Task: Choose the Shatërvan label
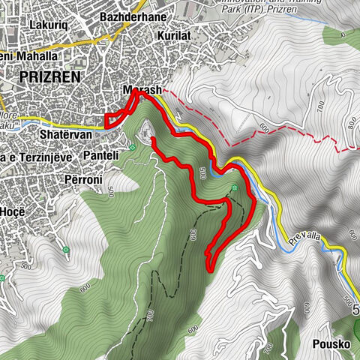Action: [x=65, y=134]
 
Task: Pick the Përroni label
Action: [x=83, y=180]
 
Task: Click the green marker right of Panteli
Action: [x=132, y=147]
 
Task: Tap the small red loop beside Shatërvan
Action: [x=112, y=120]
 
